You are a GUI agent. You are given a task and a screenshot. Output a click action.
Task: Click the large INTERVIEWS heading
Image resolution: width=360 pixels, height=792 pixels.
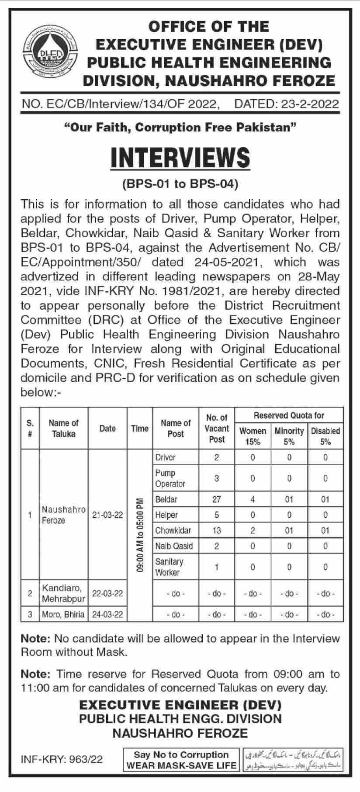[180, 158]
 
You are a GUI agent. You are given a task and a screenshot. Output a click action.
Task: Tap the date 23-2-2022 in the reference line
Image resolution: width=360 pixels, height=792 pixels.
[287, 104]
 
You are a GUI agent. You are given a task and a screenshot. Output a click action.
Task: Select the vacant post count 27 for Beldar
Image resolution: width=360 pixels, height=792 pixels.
[217, 499]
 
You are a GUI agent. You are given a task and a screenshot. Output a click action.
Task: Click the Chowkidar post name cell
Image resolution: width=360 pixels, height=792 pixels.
[173, 530]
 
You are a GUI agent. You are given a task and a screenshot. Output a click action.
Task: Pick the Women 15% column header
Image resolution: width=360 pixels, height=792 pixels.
[253, 436]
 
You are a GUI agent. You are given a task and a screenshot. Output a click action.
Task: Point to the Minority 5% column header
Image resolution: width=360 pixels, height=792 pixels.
[289, 436]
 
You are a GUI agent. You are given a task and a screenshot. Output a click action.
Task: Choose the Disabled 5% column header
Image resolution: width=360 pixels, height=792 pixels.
[325, 436]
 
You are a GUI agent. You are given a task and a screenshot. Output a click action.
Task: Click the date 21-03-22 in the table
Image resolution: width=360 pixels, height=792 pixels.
[107, 515]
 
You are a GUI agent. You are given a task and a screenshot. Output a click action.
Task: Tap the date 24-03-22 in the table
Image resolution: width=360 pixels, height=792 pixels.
[107, 614]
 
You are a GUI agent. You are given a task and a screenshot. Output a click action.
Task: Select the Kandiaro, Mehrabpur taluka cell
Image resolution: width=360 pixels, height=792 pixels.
[63, 593]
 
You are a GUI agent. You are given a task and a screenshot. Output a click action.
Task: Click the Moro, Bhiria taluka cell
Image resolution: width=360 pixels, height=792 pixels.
[63, 614]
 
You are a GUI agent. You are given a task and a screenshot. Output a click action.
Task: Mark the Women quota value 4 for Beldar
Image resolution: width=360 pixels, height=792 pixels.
[253, 499]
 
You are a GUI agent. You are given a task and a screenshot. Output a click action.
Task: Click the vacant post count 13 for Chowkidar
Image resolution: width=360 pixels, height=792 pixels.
[217, 530]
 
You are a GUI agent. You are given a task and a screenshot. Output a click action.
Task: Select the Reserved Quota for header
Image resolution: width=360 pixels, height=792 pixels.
[289, 415]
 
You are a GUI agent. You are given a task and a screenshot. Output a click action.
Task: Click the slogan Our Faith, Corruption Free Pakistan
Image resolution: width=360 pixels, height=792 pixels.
[180, 128]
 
